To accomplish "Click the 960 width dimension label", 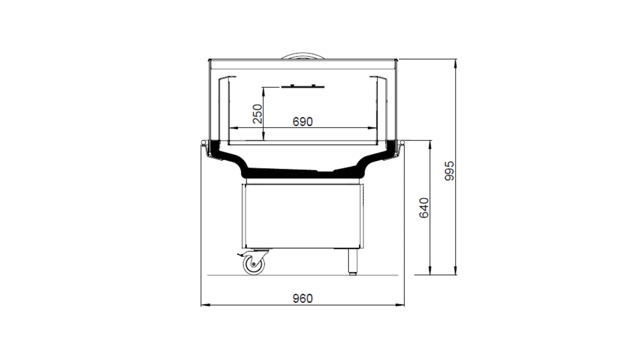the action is pos(302,298).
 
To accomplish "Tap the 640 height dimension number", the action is pos(424,208).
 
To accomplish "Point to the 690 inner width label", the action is pos(302,122).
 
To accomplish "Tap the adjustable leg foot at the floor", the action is pos(353,273).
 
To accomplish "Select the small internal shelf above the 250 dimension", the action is pos(303,86).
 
